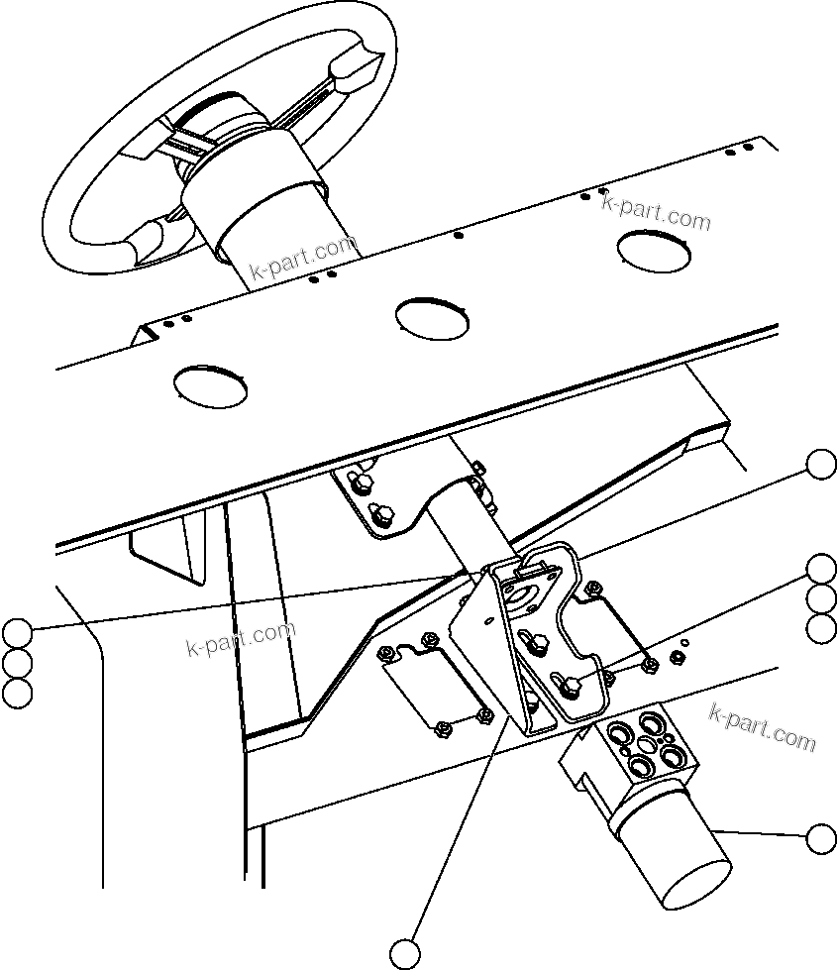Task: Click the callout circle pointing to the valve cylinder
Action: coord(821,838)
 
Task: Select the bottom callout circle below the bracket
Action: coord(404,952)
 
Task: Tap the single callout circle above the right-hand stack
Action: coord(821,464)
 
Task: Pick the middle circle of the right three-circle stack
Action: coord(821,598)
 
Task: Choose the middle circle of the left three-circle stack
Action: coord(17,662)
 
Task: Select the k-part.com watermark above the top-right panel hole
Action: coord(657,211)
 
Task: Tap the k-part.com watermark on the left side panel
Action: coord(241,639)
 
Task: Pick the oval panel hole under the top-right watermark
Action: coord(654,249)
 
